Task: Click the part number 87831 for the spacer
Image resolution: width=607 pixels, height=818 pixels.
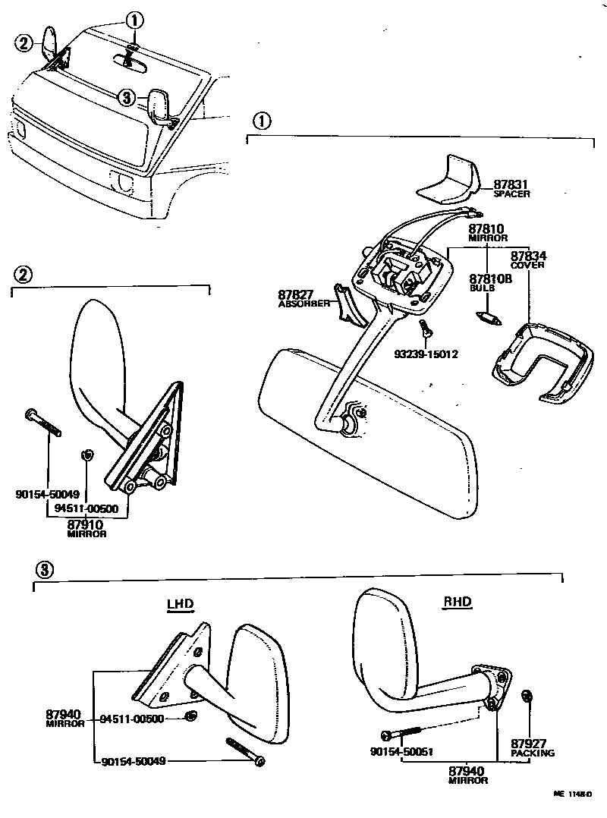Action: pos(511,184)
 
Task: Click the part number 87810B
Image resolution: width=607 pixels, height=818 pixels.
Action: pos(490,278)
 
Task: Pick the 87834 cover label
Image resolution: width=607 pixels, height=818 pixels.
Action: pos(528,256)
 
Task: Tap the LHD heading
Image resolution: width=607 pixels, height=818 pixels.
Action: pos(181,604)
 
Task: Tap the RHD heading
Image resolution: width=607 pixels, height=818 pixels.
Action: pos(457,602)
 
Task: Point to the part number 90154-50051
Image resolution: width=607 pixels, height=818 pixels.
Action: pos(401,752)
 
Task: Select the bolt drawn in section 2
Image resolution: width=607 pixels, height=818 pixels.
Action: pos(42,423)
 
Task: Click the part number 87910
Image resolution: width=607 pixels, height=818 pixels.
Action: pos(85,524)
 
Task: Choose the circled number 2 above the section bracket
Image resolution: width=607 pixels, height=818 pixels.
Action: pos(24,274)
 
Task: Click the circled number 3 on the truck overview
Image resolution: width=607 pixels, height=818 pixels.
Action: pos(127,97)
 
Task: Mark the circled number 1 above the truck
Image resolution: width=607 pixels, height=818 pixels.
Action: pos(134,19)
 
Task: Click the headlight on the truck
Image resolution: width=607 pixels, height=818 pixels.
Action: pos(121,181)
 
